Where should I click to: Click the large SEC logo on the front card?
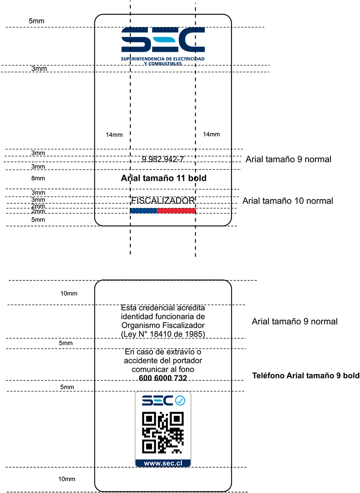click(x=163, y=40)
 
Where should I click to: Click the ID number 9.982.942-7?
click(x=163, y=159)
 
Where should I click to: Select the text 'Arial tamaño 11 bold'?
click(x=164, y=178)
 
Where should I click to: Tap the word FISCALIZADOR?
click(x=163, y=201)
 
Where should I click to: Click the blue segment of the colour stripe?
click(x=143, y=210)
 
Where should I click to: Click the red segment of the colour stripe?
click(x=176, y=210)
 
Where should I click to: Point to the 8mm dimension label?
click(x=38, y=178)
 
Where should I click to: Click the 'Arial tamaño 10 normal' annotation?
click(x=287, y=201)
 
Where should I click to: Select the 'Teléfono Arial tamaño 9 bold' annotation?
click(x=306, y=376)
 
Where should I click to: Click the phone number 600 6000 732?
click(x=163, y=378)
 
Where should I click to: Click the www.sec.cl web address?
click(x=163, y=463)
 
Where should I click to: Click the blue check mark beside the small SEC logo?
click(x=180, y=400)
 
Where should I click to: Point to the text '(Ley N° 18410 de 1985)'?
click(x=163, y=334)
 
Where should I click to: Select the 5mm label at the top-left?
click(x=36, y=21)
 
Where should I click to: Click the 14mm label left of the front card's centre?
click(x=114, y=135)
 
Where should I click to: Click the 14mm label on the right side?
click(x=211, y=135)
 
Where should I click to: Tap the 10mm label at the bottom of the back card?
click(x=67, y=479)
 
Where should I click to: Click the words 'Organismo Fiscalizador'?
click(x=163, y=326)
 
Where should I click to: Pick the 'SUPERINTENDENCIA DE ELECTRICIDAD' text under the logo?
click(x=163, y=59)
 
